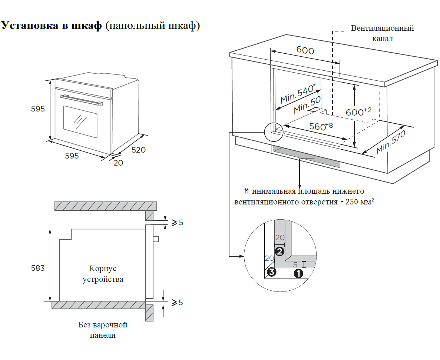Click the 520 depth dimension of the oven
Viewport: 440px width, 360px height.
139,150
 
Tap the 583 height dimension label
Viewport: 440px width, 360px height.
38,268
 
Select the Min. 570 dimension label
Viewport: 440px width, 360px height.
391,143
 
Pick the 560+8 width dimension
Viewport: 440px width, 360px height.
321,126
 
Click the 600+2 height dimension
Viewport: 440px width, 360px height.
358,112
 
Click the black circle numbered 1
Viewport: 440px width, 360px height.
298,274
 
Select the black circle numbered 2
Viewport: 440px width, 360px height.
279,251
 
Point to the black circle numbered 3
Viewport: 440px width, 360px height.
272,273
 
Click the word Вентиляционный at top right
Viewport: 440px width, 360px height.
383,28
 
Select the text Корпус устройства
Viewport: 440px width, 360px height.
103,274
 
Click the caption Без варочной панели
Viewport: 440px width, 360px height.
103,330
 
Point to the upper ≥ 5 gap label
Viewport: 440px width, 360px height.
177,223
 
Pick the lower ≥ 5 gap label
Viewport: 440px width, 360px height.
177,303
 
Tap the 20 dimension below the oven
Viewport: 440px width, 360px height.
118,162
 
